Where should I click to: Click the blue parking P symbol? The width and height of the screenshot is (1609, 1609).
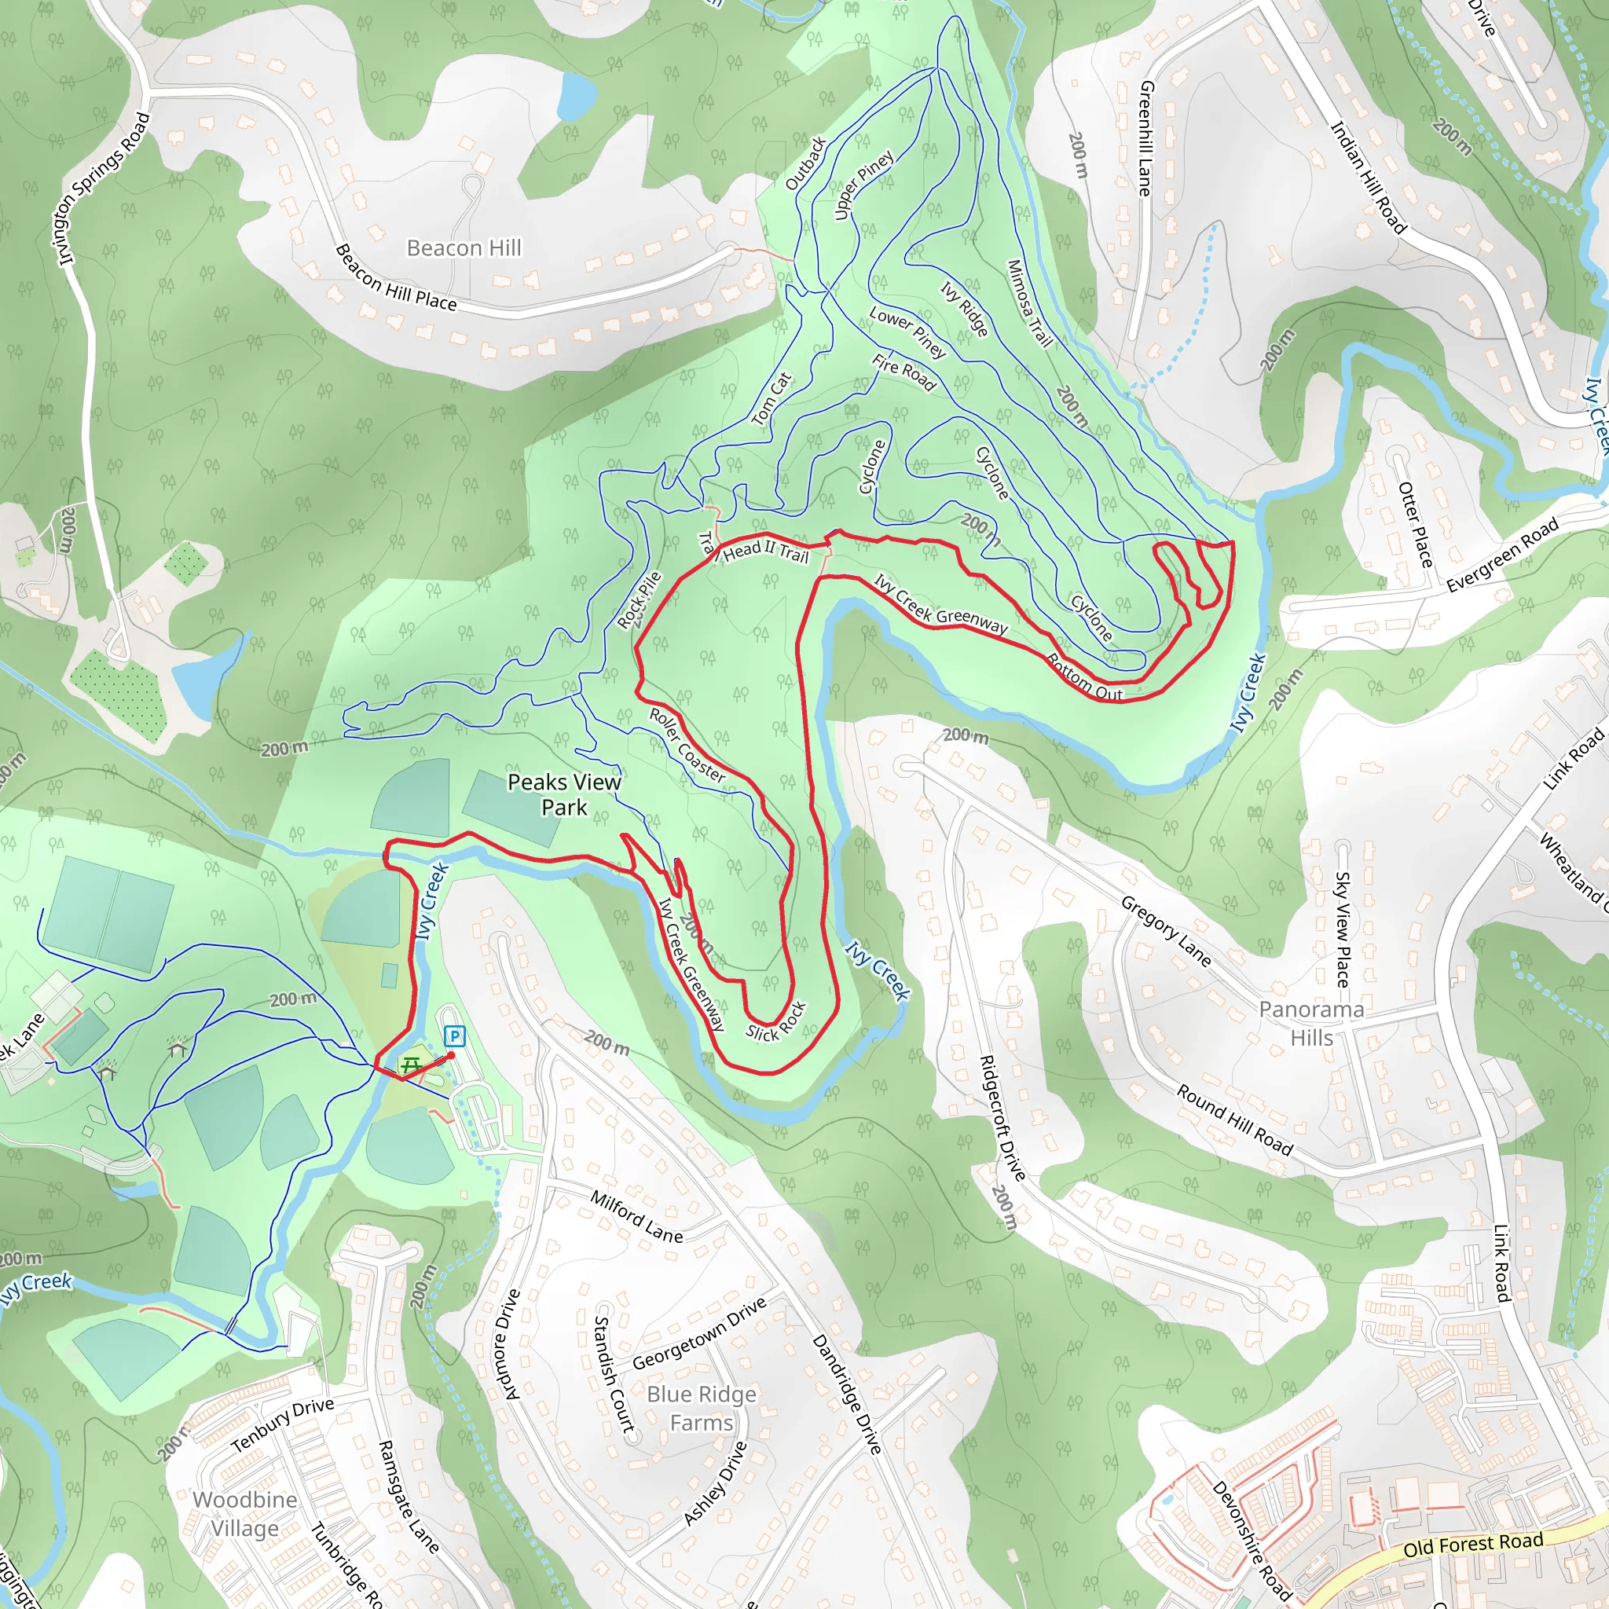pos(454,1037)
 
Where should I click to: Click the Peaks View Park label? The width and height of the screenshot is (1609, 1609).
pos(564,794)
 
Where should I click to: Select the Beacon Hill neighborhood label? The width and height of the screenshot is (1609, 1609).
pos(464,248)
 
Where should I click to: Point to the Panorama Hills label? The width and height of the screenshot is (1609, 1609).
pos(1312,1024)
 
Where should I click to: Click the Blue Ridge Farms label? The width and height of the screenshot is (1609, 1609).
pos(702,1409)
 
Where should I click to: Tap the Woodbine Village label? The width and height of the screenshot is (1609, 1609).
pos(245,1513)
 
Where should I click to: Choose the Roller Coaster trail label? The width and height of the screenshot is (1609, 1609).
pos(687,745)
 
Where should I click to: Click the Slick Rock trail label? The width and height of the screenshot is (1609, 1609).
pos(775,1021)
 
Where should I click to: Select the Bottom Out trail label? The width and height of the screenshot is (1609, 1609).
pos(1084,676)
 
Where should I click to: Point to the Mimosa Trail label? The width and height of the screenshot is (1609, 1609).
pos(1029,303)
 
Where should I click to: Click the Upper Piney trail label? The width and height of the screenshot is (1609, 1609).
pos(863,185)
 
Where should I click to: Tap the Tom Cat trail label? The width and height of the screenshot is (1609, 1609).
pos(772,399)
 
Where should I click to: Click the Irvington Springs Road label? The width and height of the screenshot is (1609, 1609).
pos(105,189)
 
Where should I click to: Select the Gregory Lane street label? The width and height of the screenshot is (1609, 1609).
pos(1165,931)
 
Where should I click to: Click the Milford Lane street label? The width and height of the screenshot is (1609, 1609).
pos(636,1217)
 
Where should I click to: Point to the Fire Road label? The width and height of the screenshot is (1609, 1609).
pos(903,372)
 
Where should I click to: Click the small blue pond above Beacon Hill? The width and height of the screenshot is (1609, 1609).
pos(575,95)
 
